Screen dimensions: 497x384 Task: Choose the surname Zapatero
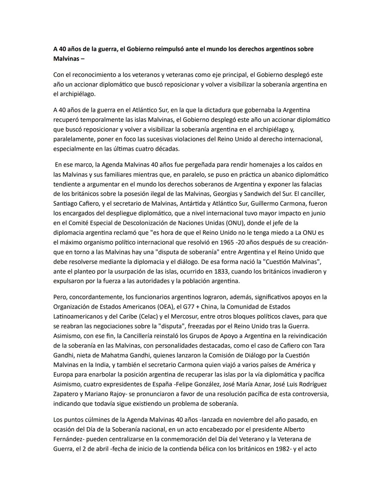pyautogui.click(x=66, y=394)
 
